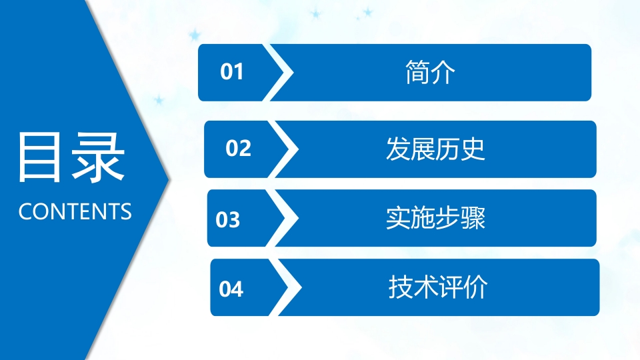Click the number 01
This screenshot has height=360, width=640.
pos(232,72)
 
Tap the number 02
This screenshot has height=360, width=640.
pos(238,149)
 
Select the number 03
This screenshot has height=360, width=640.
pos(228,219)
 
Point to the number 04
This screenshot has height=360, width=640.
pos(231,289)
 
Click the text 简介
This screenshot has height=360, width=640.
pos(430,72)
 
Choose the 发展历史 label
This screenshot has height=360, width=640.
pos(435,149)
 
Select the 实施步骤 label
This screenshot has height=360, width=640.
pos(435,219)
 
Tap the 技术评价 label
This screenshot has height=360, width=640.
pos(438,288)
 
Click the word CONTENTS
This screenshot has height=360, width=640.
pos(75,212)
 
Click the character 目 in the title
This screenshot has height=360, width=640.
pos(41,157)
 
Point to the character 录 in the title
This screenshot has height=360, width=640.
pos(99,157)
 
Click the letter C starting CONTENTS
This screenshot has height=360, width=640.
pos(25,212)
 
